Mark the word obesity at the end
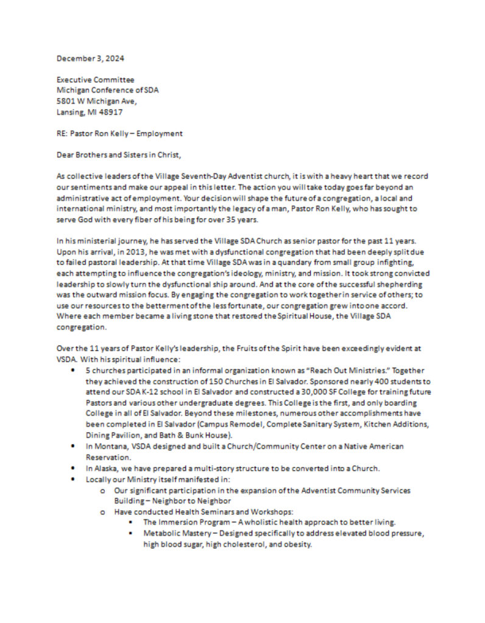point(296,544)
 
